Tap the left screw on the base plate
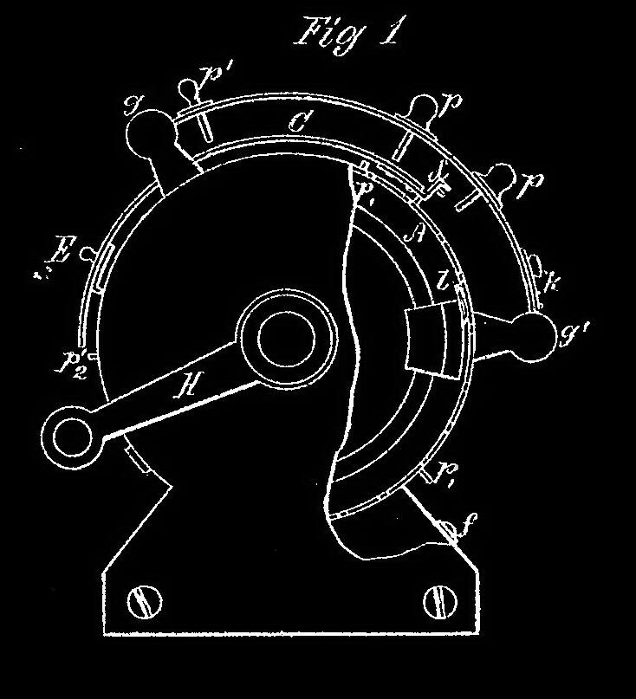[142, 599]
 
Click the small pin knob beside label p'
[189, 89]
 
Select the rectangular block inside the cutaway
[431, 340]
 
